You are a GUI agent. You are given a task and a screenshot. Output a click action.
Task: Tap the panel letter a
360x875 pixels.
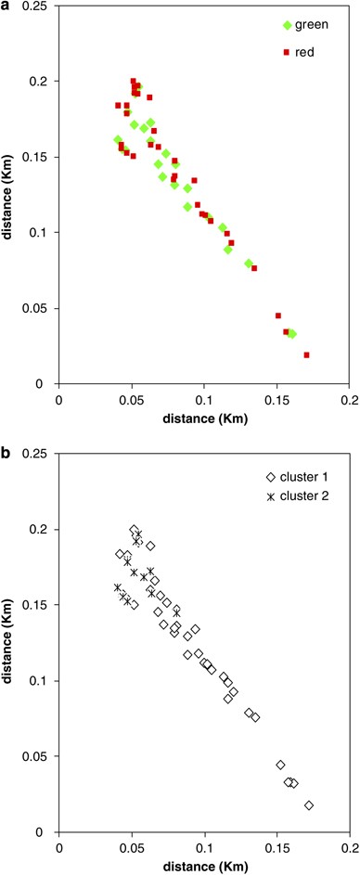[x=6, y=6]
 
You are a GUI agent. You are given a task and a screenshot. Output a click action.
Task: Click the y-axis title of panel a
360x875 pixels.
[x=8, y=195]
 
